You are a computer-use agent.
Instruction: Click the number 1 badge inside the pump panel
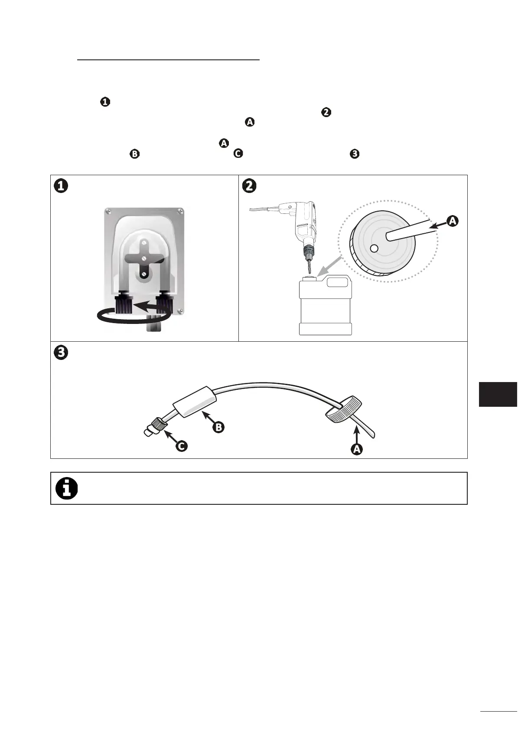click(61, 186)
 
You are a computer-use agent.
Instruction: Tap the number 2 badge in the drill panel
click(250, 186)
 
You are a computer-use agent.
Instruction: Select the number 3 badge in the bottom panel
click(61, 353)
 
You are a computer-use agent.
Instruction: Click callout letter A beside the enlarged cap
click(452, 221)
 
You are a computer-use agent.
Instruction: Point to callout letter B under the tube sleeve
click(218, 427)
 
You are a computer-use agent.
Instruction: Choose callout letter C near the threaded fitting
click(182, 445)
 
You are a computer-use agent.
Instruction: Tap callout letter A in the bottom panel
click(356, 449)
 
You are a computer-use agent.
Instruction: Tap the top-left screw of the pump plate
click(107, 212)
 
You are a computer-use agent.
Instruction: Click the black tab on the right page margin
click(498, 394)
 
